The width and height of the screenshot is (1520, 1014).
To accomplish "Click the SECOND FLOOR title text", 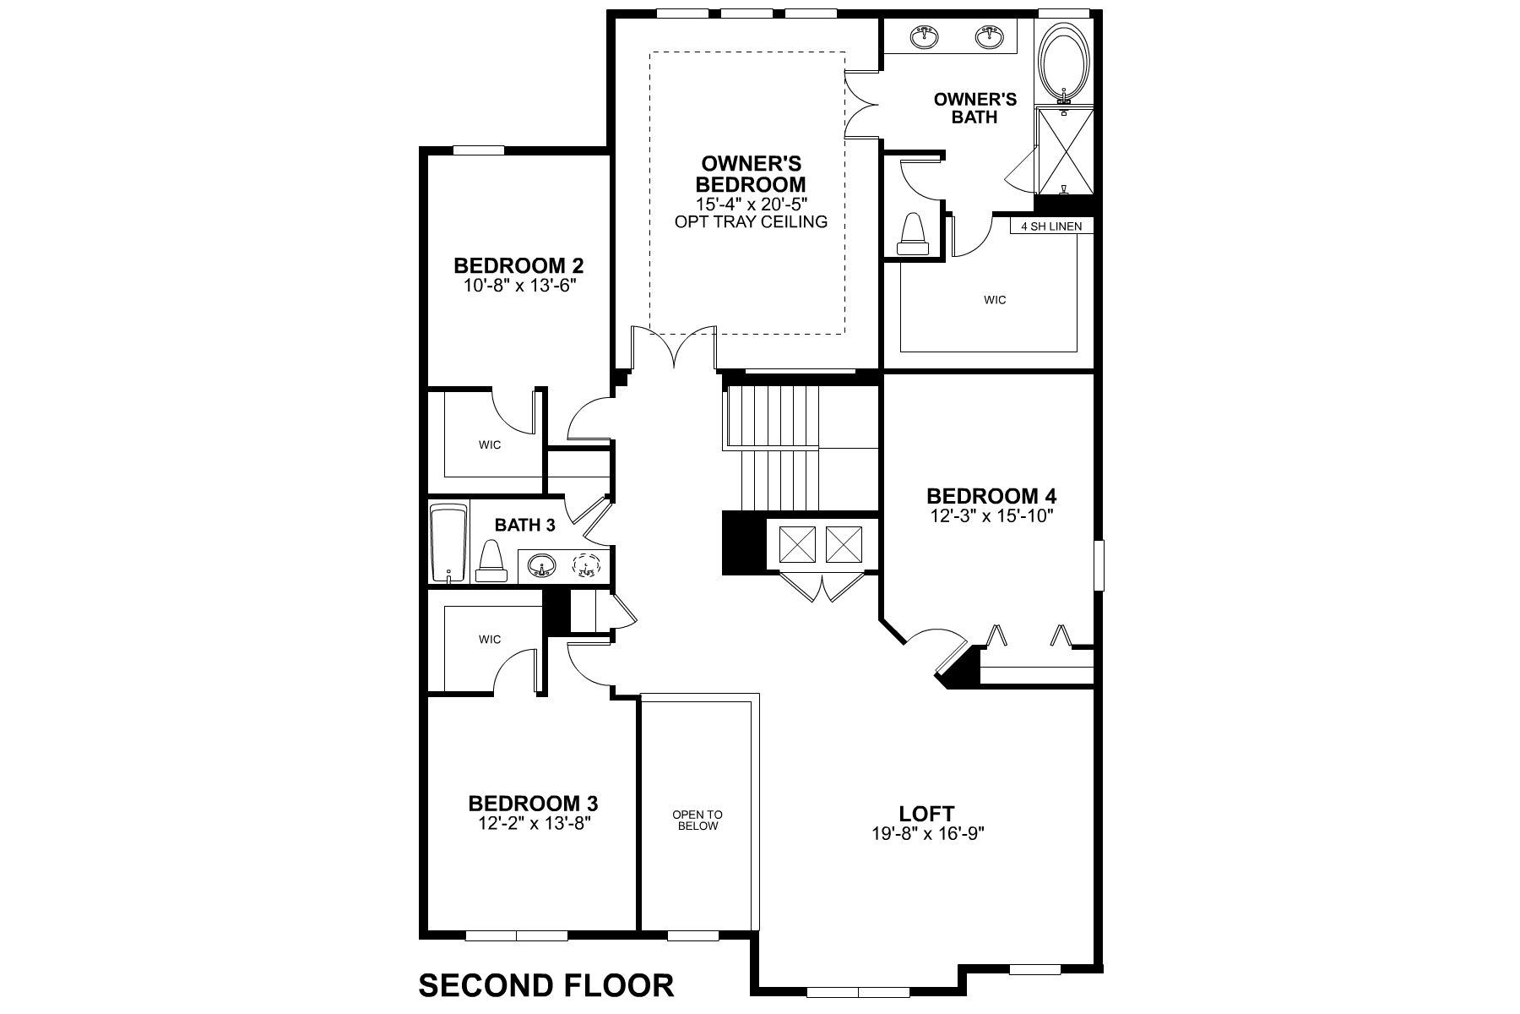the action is coord(546,985).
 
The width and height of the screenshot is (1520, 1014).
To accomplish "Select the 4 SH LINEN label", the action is coord(1051,226).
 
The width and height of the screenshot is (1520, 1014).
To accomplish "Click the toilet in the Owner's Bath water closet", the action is coord(912,235).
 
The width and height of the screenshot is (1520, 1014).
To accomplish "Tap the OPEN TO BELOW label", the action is coord(698,820).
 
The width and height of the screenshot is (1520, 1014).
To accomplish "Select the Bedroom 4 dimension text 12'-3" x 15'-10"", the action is coord(991,515).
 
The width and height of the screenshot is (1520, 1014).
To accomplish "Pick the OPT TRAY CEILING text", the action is coord(750,222).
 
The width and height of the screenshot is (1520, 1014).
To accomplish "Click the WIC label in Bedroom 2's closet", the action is coord(490,444).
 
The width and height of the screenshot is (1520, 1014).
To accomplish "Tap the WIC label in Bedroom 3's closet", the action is coord(490,639).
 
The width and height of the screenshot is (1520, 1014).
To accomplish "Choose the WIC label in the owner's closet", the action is coord(995,300).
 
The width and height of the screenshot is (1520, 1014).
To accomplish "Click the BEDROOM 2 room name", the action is coord(518,265).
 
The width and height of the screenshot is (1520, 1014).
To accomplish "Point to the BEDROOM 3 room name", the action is coord(534,803).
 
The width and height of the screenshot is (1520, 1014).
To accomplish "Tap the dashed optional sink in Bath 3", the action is coord(585,564).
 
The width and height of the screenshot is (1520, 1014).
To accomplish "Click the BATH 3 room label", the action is coord(525,525).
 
